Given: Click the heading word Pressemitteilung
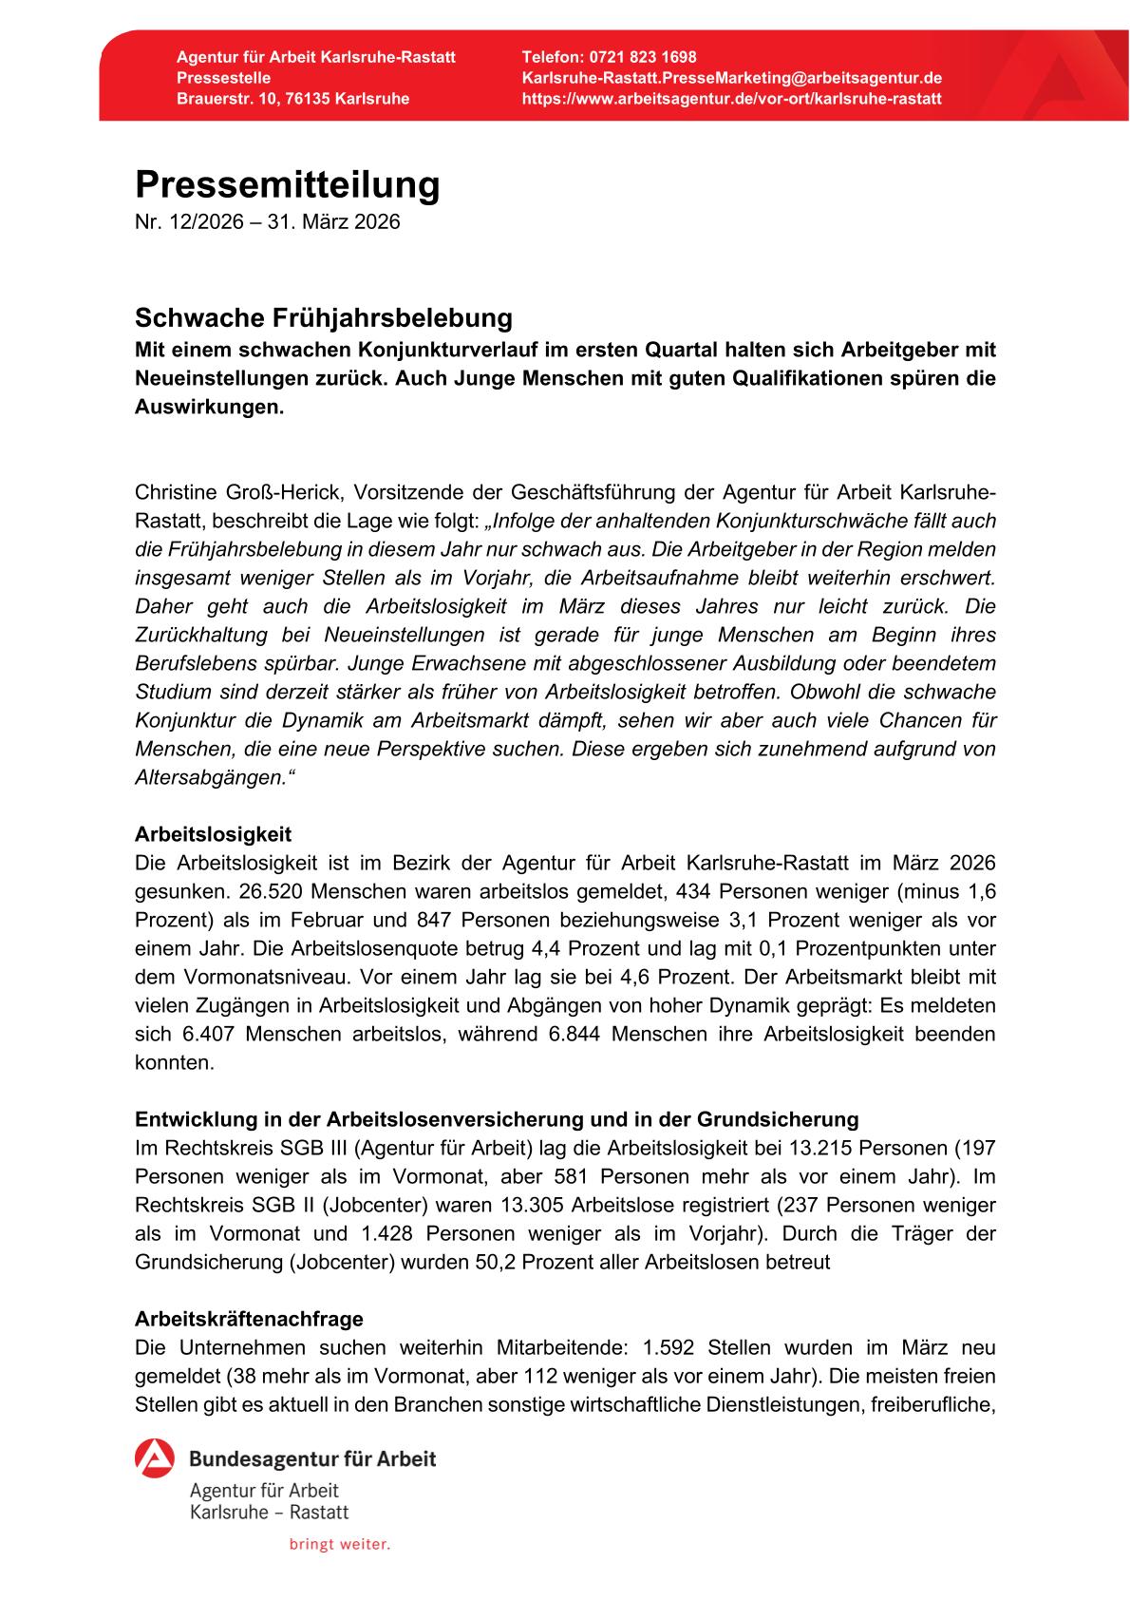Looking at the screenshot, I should click(x=288, y=185).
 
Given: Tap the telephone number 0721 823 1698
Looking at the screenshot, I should click(x=642, y=58).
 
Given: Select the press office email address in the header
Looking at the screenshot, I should click(x=731, y=78).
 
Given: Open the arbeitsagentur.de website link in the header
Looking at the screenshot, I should click(x=731, y=99).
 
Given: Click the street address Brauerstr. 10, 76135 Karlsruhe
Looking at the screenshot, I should click(x=293, y=99).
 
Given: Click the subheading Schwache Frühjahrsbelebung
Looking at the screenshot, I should click(x=324, y=316).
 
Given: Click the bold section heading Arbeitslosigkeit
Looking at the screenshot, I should click(x=214, y=834).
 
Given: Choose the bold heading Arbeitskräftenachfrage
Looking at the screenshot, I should click(x=249, y=1319).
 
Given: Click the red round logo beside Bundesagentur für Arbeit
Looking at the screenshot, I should click(x=155, y=1459).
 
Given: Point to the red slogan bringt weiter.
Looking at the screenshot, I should click(x=340, y=1545).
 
